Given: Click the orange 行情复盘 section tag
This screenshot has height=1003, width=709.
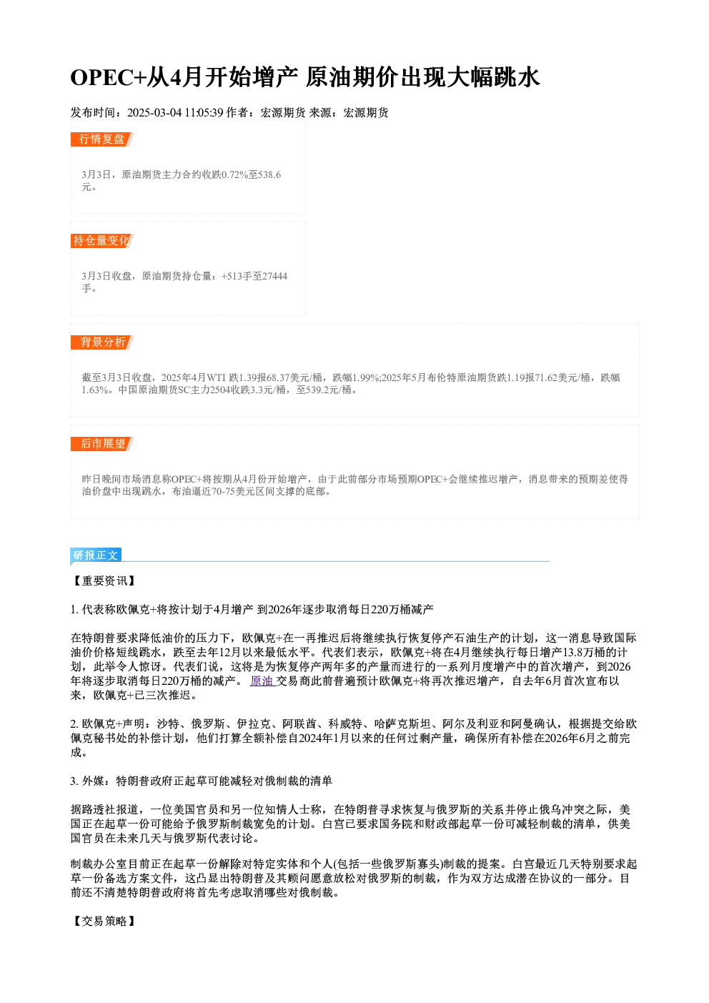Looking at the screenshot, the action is (101, 139).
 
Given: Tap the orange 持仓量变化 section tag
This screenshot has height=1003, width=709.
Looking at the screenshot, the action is (101, 241).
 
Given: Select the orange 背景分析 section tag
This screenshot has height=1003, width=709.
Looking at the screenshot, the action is (101, 342).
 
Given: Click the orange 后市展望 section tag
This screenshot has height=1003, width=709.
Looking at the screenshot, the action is (101, 444).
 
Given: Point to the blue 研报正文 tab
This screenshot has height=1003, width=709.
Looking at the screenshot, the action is (96, 555).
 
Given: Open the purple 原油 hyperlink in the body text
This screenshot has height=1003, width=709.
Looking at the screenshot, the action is (262, 681).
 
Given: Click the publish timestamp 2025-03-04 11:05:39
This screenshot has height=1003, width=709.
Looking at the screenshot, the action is (175, 113).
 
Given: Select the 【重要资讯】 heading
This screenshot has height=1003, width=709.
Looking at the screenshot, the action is (104, 581).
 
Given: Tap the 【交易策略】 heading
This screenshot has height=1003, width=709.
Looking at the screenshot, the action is (104, 921).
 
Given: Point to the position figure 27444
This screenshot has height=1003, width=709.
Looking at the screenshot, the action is (274, 276).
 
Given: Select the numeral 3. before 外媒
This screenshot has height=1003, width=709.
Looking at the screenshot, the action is (74, 781).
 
